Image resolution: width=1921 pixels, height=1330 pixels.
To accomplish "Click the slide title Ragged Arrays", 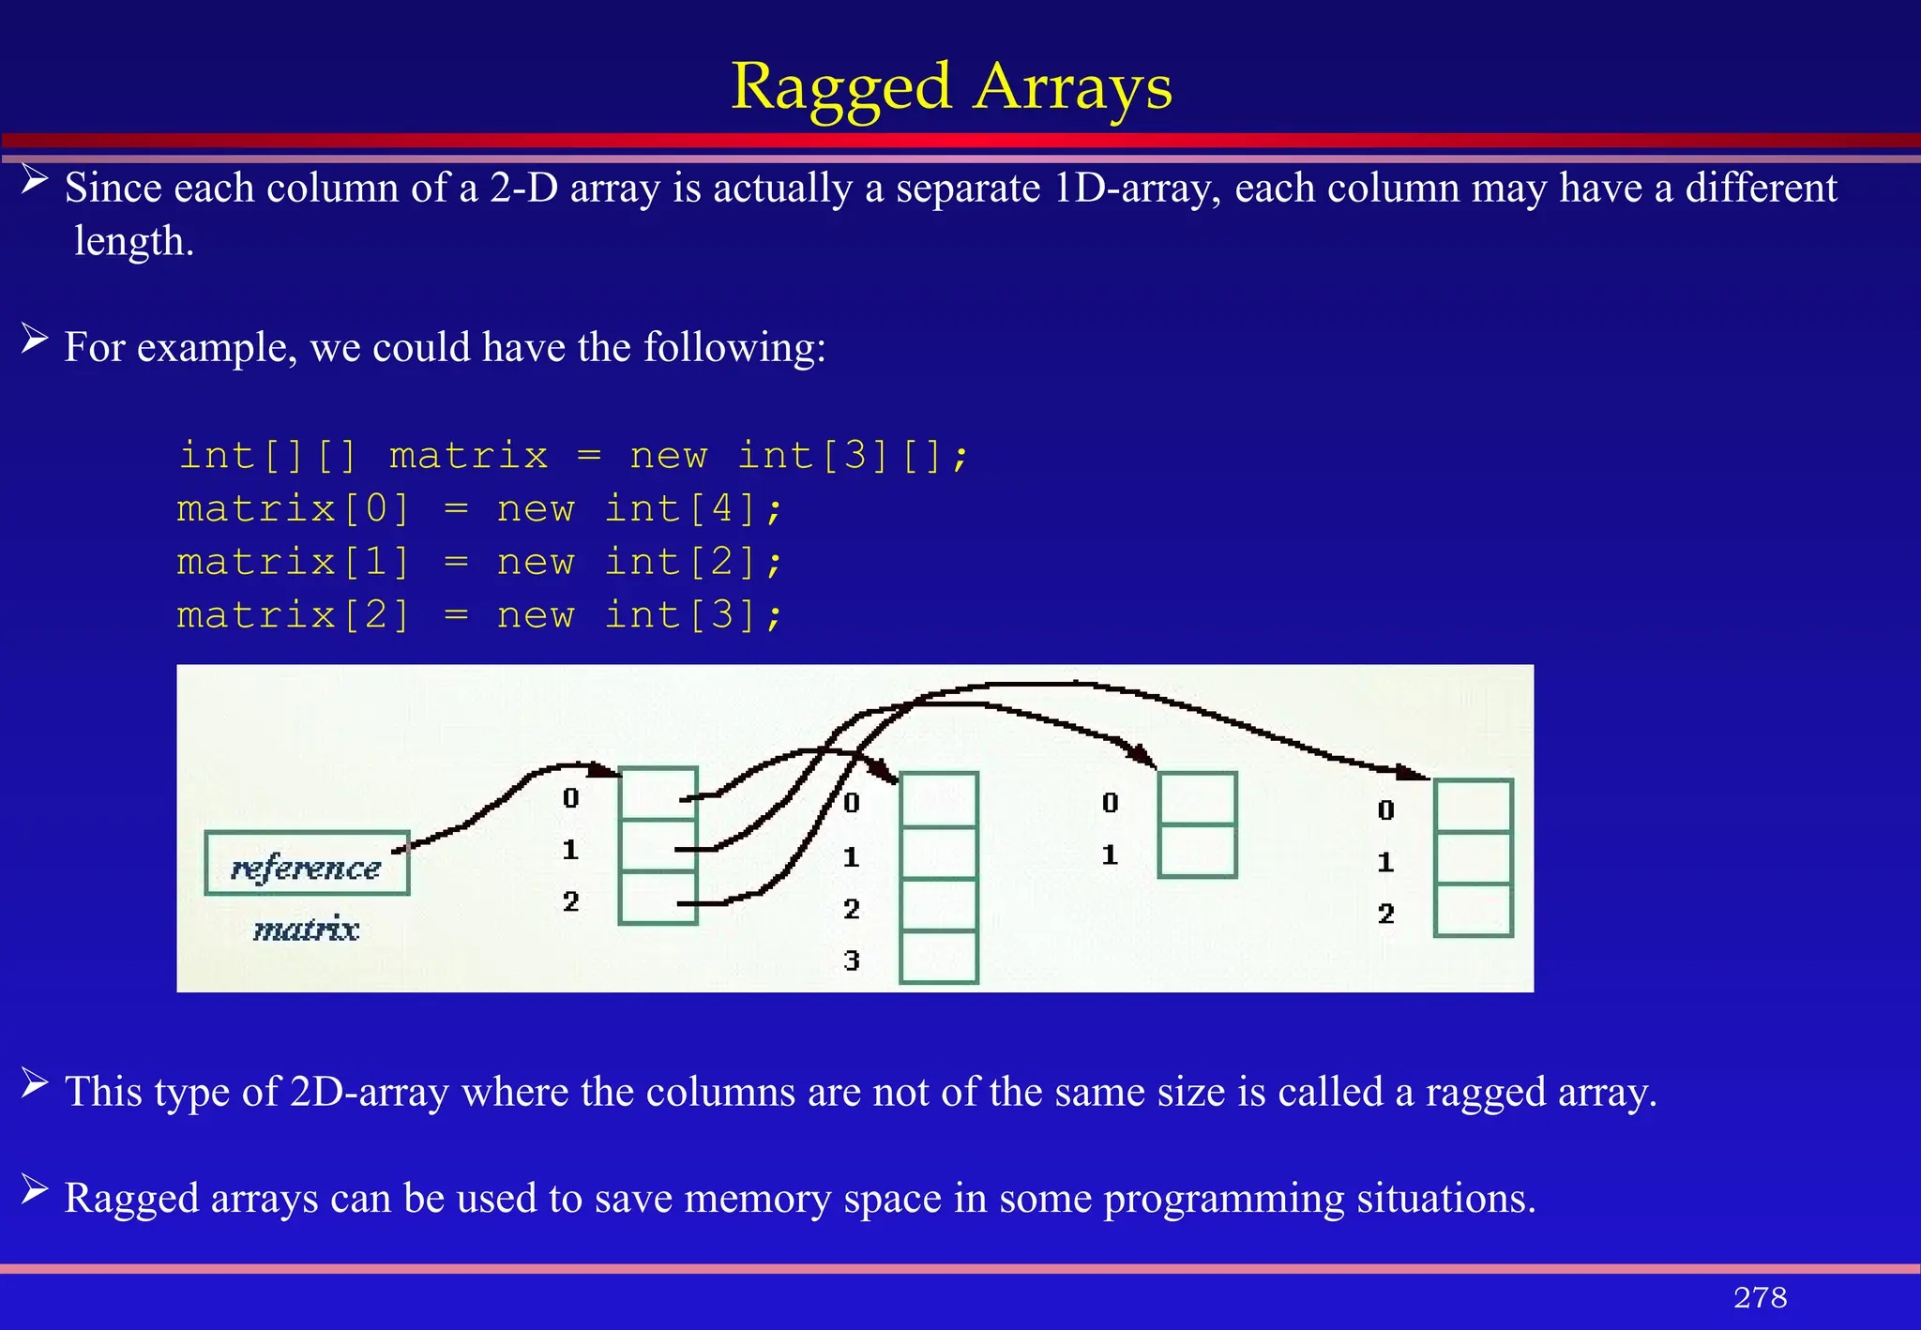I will [951, 86].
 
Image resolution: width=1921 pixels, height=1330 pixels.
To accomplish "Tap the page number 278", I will [1760, 1297].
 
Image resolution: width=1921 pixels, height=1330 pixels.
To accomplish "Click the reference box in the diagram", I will [307, 864].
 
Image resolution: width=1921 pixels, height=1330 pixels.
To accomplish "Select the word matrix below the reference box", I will [307, 929].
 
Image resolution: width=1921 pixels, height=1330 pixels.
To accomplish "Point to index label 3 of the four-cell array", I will [852, 960].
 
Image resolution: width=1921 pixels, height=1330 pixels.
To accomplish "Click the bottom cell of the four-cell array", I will [938, 957].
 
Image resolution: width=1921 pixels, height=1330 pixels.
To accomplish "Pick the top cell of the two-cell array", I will [1197, 799].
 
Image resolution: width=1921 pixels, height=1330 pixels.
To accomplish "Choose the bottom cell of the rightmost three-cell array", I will [1473, 910].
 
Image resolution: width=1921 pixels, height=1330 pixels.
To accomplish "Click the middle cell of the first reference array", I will [658, 846].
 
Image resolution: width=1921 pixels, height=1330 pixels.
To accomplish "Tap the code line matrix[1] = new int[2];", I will [479, 562].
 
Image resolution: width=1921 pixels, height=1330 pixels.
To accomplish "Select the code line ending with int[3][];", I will [573, 456].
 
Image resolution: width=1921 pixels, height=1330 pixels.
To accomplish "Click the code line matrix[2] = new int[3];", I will [479, 615].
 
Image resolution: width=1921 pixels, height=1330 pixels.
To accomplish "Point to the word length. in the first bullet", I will [134, 241].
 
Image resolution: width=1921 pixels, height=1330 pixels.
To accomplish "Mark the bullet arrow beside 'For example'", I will [35, 339].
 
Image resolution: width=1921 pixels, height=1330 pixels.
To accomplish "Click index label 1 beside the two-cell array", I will [1110, 854].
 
